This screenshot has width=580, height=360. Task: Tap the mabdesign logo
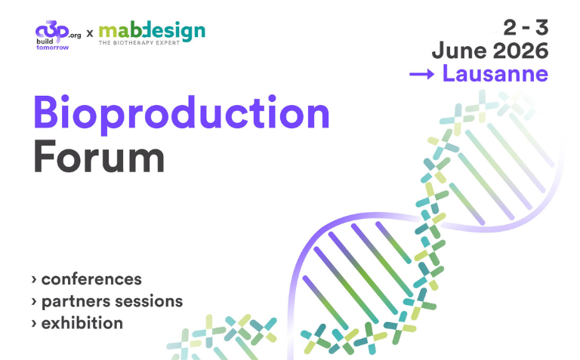[x=151, y=31]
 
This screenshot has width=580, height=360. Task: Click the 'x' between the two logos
[x=90, y=33]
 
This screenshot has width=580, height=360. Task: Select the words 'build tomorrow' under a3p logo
[x=52, y=44]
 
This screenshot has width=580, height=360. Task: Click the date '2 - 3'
[x=526, y=29]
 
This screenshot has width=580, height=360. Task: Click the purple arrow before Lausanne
[x=421, y=74]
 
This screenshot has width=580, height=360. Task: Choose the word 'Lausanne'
[x=495, y=74]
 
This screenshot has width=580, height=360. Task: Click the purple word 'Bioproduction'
[x=181, y=115]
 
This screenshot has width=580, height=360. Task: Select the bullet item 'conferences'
[x=91, y=279]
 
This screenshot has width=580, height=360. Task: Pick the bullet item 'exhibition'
[x=82, y=323]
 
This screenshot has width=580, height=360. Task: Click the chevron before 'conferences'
[x=35, y=280]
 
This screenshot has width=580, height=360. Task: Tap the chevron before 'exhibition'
[x=35, y=324]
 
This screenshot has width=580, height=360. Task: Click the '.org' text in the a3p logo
[x=74, y=34]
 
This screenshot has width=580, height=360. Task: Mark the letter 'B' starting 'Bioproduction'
[x=47, y=113]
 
